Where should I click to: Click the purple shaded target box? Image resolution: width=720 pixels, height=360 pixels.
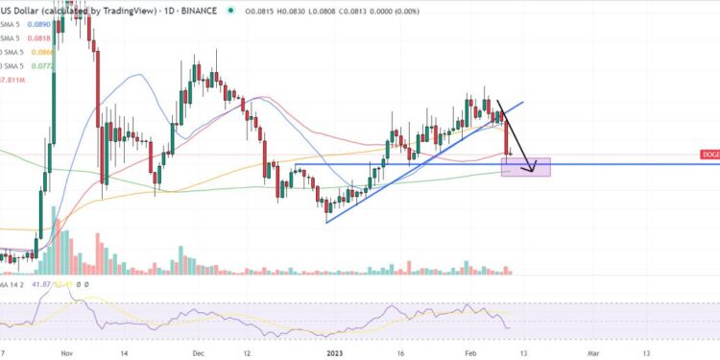pyautogui.click(x=526, y=167)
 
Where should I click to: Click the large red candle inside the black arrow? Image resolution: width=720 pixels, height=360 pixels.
pyautogui.click(x=507, y=135)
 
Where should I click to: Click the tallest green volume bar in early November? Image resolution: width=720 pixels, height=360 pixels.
pyautogui.click(x=53, y=246)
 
